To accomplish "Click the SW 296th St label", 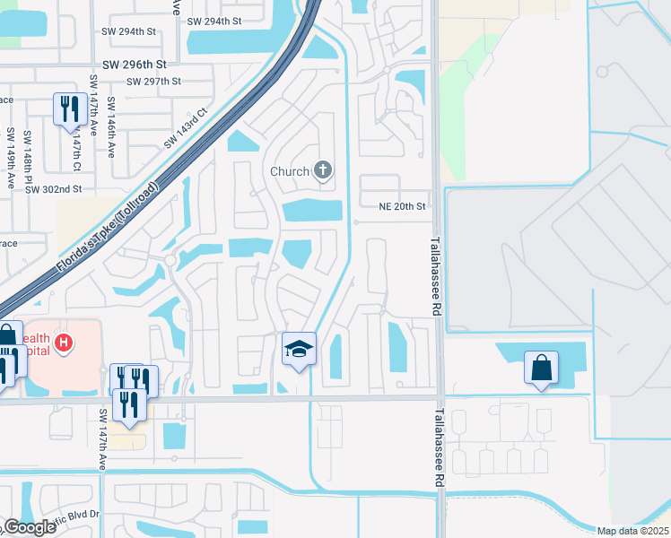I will click(135, 65).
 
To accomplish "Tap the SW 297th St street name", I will click(154, 81).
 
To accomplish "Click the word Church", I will click(290, 170).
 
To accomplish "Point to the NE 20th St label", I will click(401, 206).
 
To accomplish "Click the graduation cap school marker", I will click(300, 348).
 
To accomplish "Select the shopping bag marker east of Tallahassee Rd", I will click(542, 368).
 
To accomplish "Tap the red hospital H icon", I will click(63, 342).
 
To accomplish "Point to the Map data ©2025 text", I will click(632, 531).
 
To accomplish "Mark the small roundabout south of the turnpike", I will click(170, 260).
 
